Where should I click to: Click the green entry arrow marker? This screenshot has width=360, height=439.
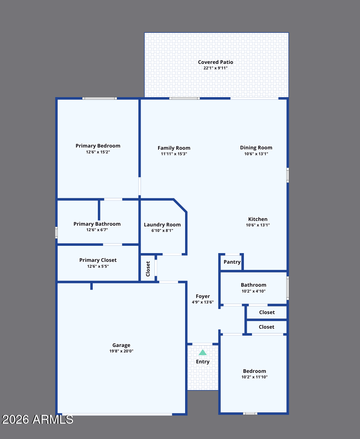(203, 352)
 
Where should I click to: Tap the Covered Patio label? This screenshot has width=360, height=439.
(215, 62)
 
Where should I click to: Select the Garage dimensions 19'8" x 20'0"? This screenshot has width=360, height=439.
(121, 351)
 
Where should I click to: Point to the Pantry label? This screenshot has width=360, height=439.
(232, 262)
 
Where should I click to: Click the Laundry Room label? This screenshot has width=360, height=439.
(162, 225)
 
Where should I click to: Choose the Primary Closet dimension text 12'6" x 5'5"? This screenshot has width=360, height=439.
(98, 266)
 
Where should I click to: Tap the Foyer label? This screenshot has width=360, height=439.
(203, 297)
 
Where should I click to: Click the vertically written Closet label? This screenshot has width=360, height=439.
(148, 269)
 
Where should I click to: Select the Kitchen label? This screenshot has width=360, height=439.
(258, 219)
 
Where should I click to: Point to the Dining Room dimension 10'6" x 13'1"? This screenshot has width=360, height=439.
(256, 154)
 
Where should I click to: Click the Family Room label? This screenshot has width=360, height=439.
(174, 148)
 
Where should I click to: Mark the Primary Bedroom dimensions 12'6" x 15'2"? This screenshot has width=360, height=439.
(98, 152)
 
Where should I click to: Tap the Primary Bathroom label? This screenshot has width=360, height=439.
(97, 224)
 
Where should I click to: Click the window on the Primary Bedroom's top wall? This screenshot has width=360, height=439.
(100, 99)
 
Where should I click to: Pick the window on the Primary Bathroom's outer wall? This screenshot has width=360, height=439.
(56, 233)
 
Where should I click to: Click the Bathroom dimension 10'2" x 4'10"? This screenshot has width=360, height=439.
(253, 291)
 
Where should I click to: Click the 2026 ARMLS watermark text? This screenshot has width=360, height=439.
(38, 419)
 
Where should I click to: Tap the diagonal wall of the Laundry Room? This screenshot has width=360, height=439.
(180, 206)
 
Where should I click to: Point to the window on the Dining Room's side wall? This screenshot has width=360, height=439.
(288, 175)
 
